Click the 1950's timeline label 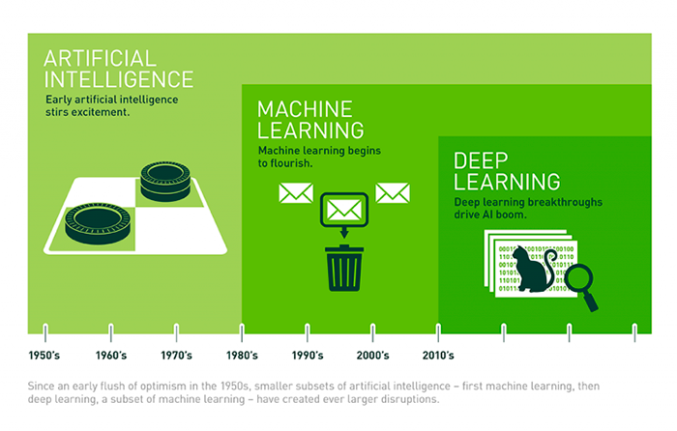click(x=44, y=356)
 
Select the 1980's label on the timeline click(x=242, y=356)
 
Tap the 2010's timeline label click(x=438, y=356)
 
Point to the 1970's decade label click(x=176, y=356)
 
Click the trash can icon click(x=344, y=268)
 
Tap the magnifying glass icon click(x=581, y=286)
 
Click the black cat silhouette click(x=534, y=270)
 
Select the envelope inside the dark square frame click(x=344, y=210)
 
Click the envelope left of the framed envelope click(x=296, y=193)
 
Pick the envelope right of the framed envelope click(x=393, y=193)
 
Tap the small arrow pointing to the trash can click(x=344, y=232)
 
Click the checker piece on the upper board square click(x=165, y=182)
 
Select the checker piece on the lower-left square click(x=98, y=223)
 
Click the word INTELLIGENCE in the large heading click(x=119, y=79)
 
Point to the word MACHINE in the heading click(x=305, y=109)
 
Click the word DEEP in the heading click(x=481, y=161)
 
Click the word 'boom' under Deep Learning click(x=512, y=215)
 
